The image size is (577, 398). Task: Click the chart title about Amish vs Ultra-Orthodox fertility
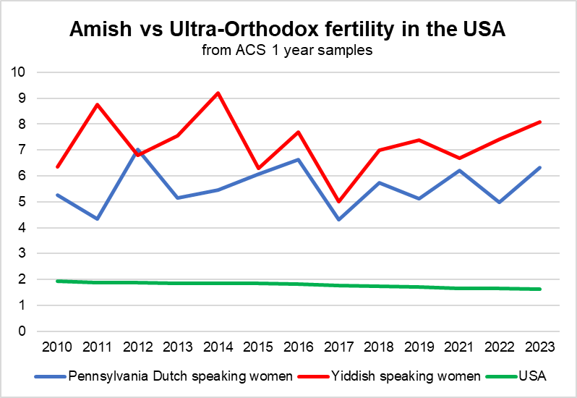click(x=288, y=30)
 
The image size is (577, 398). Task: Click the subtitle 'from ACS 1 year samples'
click(x=288, y=51)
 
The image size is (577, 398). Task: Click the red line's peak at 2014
click(x=218, y=93)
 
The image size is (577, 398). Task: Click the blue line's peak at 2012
click(x=137, y=150)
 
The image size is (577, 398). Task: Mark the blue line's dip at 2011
click(x=98, y=219)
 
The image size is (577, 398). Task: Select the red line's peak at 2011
click(x=98, y=105)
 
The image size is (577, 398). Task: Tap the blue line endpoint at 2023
click(x=538, y=168)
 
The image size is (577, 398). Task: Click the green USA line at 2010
click(x=58, y=281)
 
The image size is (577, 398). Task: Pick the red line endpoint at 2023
click(x=538, y=122)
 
